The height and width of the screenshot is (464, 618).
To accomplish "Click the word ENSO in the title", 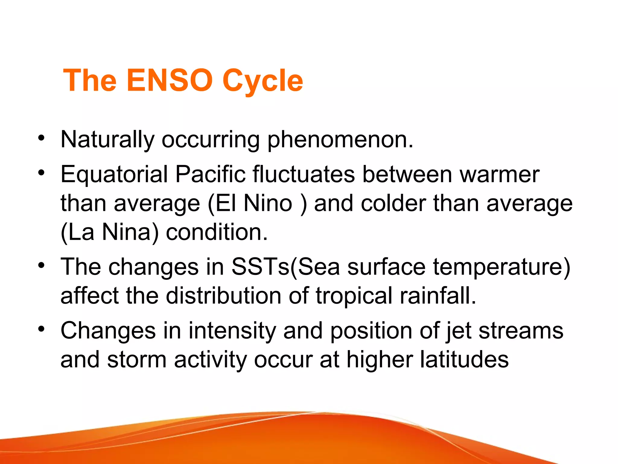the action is point(170,80).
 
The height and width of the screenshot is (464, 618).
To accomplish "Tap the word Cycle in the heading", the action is point(263,81).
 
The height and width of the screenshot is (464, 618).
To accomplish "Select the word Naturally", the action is point(107,140).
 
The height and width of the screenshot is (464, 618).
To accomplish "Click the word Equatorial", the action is point(114,174).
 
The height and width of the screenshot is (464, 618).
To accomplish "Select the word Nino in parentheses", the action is point(268,203).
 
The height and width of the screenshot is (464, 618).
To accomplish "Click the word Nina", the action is point(126,232).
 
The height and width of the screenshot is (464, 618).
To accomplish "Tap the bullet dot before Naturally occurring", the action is point(41,138).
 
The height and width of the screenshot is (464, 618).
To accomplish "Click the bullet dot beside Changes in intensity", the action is point(41,329).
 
